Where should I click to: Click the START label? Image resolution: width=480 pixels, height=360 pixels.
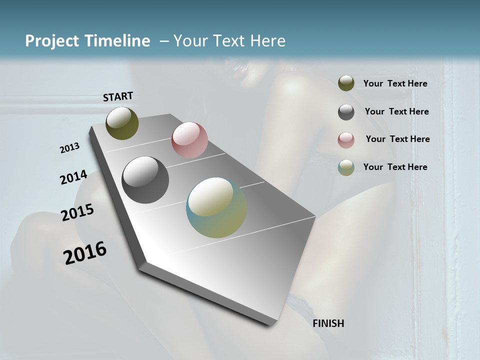(118, 96)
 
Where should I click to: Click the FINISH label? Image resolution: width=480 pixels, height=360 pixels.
(328, 323)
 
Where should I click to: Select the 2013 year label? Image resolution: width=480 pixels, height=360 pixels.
(70, 148)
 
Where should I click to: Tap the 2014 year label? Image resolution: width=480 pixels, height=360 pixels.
(73, 177)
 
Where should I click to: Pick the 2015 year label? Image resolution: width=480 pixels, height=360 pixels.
(77, 213)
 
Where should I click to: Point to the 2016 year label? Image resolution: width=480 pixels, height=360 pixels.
(85, 253)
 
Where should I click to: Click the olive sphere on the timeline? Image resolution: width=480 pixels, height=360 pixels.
(122, 123)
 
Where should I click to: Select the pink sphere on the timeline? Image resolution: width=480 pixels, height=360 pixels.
(189, 139)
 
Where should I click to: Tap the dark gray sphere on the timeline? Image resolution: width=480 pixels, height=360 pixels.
(145, 180)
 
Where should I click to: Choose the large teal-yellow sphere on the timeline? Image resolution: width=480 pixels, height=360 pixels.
(216, 207)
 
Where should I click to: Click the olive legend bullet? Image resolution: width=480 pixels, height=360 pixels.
(346, 83)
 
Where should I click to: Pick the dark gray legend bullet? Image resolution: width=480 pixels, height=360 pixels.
(346, 112)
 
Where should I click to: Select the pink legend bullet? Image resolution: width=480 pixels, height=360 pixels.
(346, 140)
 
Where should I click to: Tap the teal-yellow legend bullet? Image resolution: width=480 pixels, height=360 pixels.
(346, 168)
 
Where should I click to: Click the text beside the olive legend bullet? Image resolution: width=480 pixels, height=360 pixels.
(395, 83)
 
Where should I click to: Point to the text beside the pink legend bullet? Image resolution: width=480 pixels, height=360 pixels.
(397, 139)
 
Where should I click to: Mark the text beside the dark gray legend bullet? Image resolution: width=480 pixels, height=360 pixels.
(396, 111)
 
